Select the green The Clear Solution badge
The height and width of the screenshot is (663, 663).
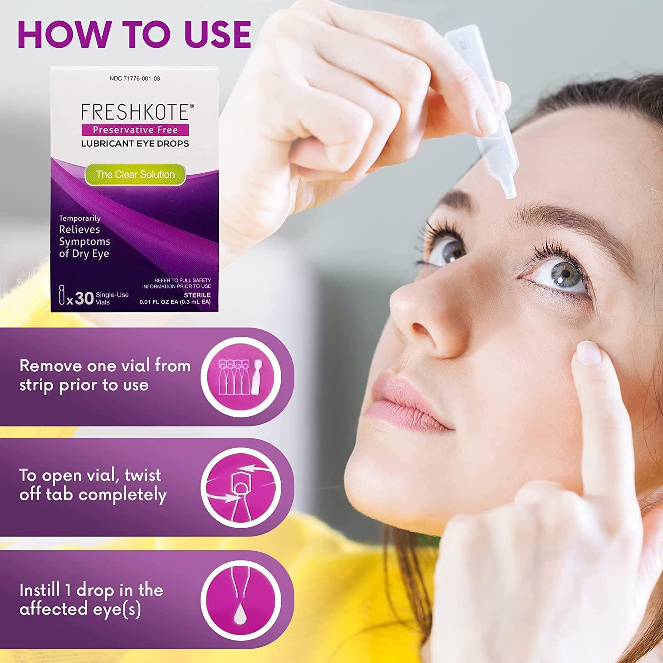coord(135,174)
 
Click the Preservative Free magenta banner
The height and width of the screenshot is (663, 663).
coord(135,130)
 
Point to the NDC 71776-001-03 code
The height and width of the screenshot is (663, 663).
coord(135,79)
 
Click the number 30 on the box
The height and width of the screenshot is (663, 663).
coord(84,299)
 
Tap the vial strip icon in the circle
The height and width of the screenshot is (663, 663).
coord(241,377)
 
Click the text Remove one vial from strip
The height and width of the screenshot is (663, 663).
coord(105,366)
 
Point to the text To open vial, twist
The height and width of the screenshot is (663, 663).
coord(90,476)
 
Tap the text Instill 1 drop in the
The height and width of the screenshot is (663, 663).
coord(91,590)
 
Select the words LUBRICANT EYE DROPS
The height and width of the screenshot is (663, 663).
coord(135,143)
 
